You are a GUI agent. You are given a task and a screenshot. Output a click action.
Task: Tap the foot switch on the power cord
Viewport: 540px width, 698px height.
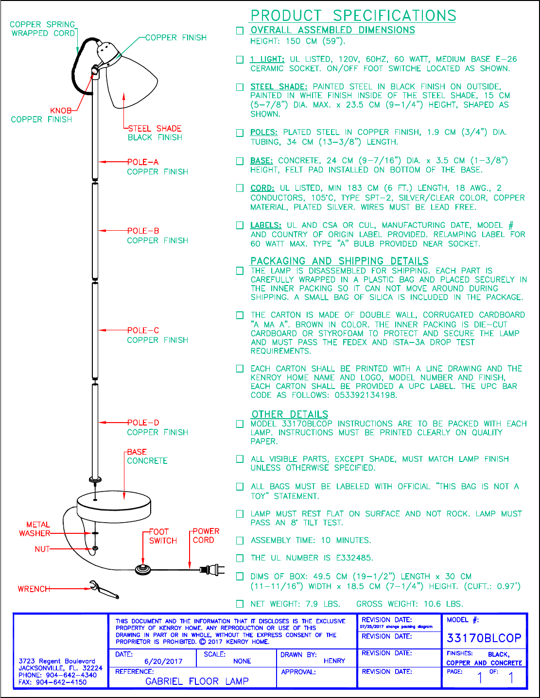(x=143, y=569)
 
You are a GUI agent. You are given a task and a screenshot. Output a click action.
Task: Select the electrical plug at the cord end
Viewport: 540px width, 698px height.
(x=212, y=569)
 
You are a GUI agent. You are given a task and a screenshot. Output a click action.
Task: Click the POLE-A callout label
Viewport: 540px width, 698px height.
(x=143, y=162)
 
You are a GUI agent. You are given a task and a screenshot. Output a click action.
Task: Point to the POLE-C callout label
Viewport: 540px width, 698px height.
(x=143, y=330)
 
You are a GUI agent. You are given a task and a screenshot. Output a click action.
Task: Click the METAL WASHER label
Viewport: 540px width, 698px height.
(x=35, y=529)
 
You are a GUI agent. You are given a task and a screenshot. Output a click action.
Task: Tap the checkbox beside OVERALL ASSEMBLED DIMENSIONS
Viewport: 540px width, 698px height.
(x=240, y=31)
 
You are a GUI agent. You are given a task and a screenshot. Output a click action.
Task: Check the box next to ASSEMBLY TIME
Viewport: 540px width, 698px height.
(x=240, y=541)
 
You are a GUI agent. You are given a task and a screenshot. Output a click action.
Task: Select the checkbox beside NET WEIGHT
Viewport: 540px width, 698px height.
(x=240, y=604)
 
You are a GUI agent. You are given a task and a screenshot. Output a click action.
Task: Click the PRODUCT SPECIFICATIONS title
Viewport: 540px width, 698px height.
(x=353, y=16)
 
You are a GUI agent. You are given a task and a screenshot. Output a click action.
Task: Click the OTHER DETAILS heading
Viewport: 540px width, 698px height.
(x=290, y=414)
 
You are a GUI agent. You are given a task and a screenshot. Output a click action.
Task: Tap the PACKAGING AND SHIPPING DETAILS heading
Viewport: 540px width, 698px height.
(x=339, y=261)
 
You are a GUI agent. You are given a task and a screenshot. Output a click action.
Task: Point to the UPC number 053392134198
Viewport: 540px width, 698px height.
(x=366, y=395)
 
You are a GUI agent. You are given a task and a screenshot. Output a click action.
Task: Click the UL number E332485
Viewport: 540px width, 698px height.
(x=354, y=558)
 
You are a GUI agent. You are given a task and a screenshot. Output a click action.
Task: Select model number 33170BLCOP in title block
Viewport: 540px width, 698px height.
(x=484, y=638)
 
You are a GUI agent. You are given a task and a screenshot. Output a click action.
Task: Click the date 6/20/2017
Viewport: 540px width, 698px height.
(x=163, y=661)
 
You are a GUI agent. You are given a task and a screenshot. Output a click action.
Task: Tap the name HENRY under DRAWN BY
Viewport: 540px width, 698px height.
(x=334, y=661)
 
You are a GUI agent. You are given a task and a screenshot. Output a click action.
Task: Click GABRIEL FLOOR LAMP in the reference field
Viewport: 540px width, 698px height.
(x=197, y=681)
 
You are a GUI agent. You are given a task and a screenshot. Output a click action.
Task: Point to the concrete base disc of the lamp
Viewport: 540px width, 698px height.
(x=114, y=505)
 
